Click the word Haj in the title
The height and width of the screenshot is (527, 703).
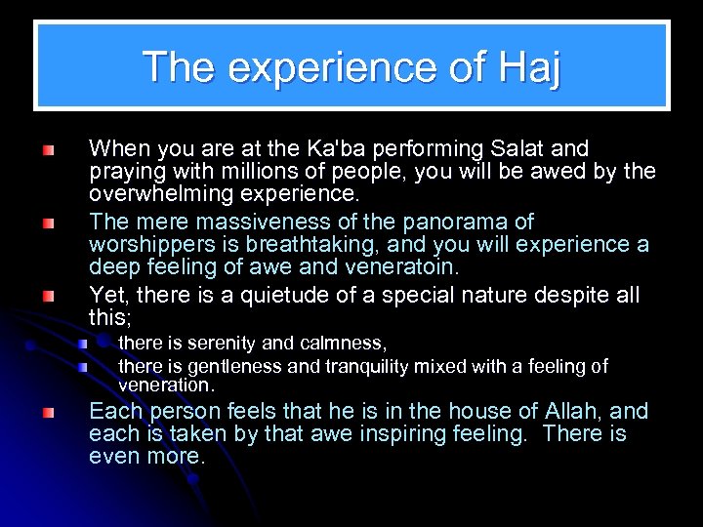[528, 67]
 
